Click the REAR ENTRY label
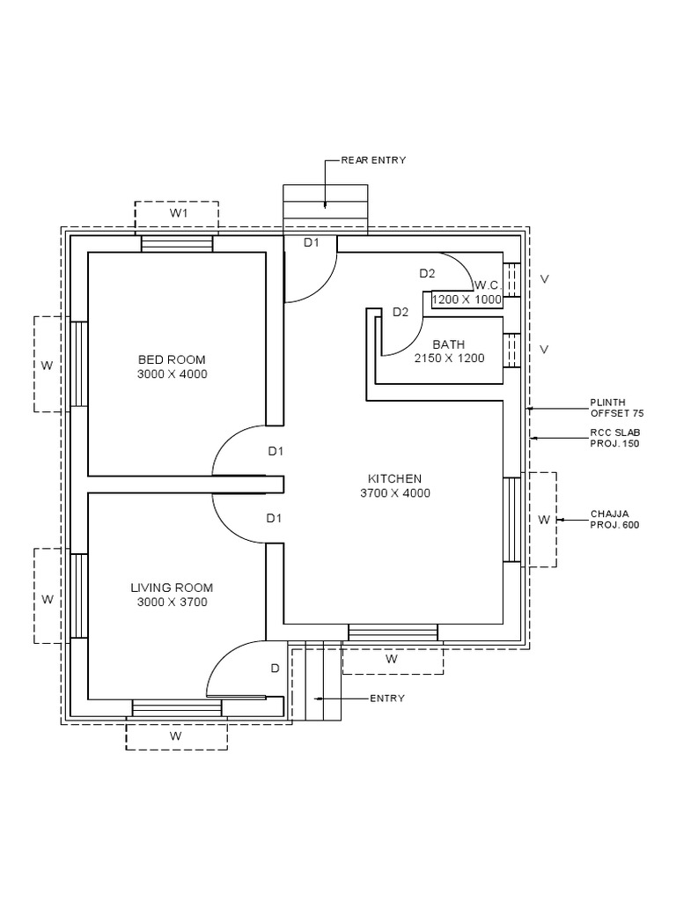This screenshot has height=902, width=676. pyautogui.click(x=373, y=160)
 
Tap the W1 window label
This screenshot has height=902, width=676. pyautogui.click(x=178, y=213)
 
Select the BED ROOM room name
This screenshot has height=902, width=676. pyautogui.click(x=172, y=359)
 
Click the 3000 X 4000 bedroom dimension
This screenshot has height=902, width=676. pyautogui.click(x=172, y=373)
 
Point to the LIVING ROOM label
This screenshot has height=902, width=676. pyautogui.click(x=172, y=588)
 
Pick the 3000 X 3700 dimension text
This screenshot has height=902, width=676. pyautogui.click(x=172, y=602)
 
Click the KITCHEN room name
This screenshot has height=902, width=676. pyautogui.click(x=395, y=478)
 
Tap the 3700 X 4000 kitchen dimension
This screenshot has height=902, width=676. pyautogui.click(x=395, y=493)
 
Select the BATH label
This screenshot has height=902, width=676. pyautogui.click(x=449, y=344)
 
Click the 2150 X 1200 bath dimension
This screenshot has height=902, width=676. pyautogui.click(x=449, y=359)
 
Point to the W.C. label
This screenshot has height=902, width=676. pyautogui.click(x=488, y=285)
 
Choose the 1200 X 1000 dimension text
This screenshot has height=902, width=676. pyautogui.click(x=467, y=299)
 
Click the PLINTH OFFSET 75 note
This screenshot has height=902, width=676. pyautogui.click(x=617, y=408)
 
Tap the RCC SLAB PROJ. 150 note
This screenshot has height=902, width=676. pyautogui.click(x=615, y=438)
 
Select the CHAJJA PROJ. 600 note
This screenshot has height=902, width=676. pyautogui.click(x=614, y=520)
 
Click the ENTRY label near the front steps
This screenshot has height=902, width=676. pyautogui.click(x=387, y=699)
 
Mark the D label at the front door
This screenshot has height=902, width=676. pyautogui.click(x=275, y=669)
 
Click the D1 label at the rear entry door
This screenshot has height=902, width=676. pyautogui.click(x=311, y=243)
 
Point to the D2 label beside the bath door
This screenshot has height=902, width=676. pyautogui.click(x=400, y=313)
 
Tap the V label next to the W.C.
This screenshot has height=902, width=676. pyautogui.click(x=544, y=279)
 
